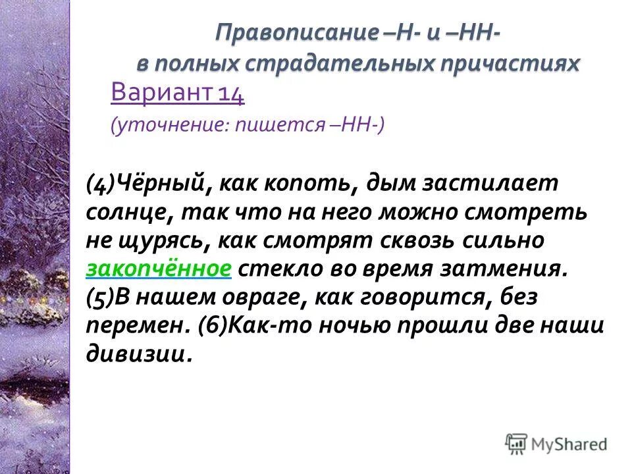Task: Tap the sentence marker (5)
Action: click(x=101, y=298)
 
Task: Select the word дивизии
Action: click(x=138, y=354)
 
